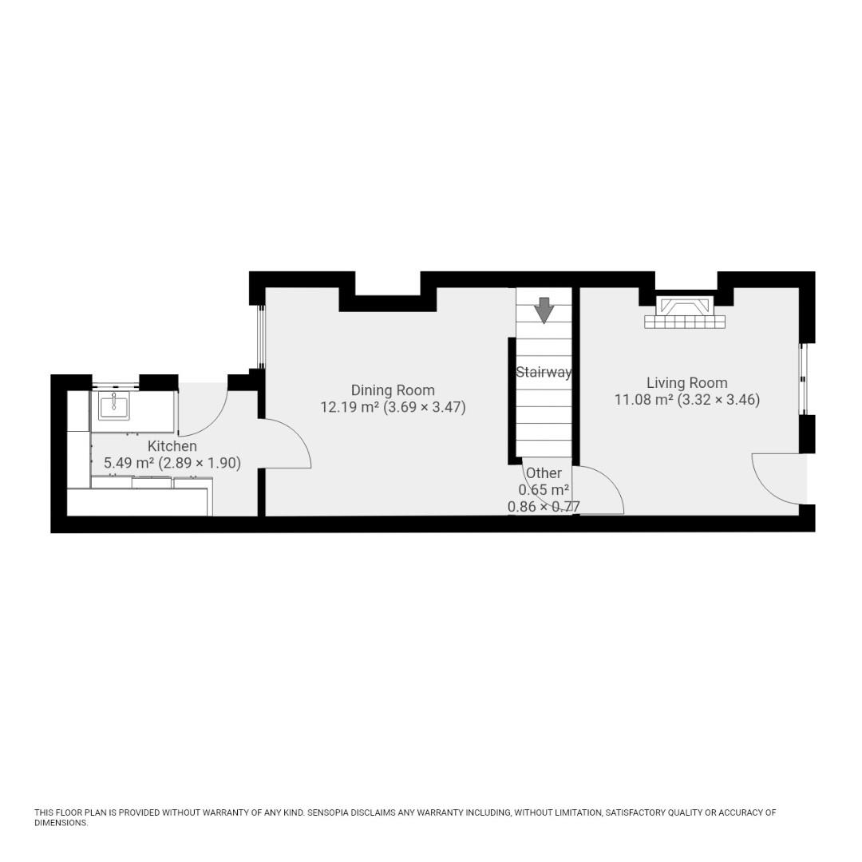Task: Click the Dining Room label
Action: coord(393,390)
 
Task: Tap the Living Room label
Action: coord(686,382)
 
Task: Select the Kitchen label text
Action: coord(172,446)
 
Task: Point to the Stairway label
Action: coord(544,373)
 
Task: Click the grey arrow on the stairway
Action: coord(544,310)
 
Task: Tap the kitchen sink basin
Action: coord(114,405)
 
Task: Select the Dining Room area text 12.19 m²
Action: coord(350,407)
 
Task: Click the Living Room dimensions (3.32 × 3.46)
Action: coord(718,400)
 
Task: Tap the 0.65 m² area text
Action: coord(544,490)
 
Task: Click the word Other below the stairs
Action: coord(544,473)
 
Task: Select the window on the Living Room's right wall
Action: coord(803,379)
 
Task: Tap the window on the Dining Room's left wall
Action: coord(262,337)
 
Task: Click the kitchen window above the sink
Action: coord(115,382)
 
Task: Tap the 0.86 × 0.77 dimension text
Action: coord(544,507)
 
